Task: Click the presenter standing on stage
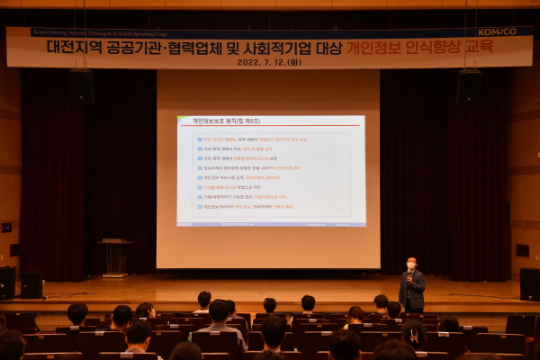411,286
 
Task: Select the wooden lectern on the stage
115,256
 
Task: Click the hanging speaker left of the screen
82,85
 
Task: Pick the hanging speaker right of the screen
468,88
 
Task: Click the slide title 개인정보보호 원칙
214,121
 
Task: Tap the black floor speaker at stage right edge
529,284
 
